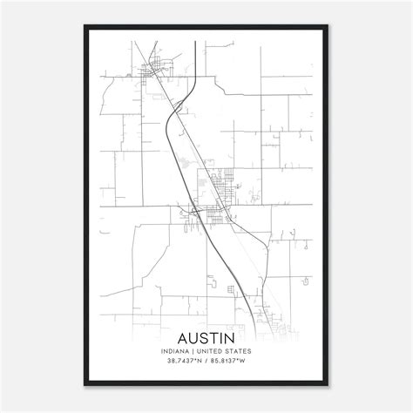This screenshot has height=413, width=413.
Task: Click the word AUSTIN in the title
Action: pyautogui.click(x=207, y=337)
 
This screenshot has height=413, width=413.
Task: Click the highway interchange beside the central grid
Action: pyautogui.click(x=196, y=210)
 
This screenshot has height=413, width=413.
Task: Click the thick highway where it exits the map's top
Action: pyautogui.click(x=200, y=42)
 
